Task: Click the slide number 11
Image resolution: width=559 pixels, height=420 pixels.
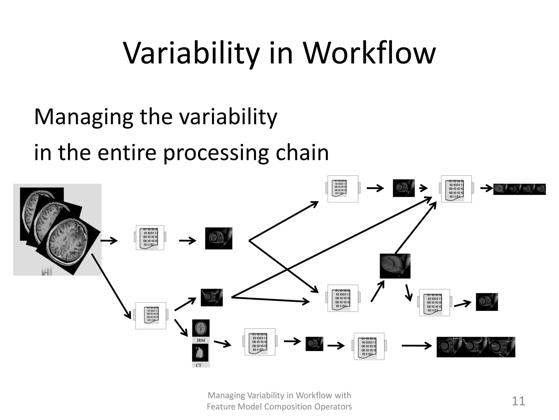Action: (x=518, y=401)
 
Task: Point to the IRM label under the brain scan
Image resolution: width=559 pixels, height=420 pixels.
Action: (x=201, y=340)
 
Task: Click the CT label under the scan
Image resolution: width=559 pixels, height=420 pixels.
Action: (x=198, y=365)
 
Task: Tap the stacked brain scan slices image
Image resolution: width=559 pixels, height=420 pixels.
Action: (x=57, y=229)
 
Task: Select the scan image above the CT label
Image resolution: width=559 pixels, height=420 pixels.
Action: (x=200, y=353)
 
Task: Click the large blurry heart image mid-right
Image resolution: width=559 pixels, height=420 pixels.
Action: (x=395, y=266)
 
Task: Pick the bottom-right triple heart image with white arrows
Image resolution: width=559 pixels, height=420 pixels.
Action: (x=476, y=347)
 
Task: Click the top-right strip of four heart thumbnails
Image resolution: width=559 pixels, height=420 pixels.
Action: (x=519, y=189)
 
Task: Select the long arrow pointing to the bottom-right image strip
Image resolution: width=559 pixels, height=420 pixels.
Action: (x=417, y=346)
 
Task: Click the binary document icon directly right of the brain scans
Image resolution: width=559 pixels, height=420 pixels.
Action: (x=150, y=238)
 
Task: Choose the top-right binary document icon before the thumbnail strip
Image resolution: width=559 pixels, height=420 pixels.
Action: (x=456, y=189)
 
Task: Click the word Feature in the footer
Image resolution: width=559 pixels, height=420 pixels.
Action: (x=220, y=407)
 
